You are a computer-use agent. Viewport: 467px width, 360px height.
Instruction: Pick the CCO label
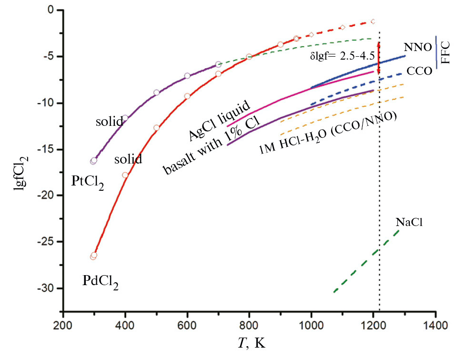coord(419,72)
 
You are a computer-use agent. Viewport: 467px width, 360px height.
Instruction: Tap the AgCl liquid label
coord(219,121)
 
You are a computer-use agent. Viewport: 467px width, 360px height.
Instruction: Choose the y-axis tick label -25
coord(49,242)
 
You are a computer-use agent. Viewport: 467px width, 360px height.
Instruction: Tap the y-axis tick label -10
coord(49,103)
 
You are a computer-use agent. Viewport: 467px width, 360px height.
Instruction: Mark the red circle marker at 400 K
coord(125,175)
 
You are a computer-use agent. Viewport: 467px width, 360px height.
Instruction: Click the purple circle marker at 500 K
coord(156,93)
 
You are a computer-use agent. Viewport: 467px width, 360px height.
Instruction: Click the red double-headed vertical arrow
coord(378,58)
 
